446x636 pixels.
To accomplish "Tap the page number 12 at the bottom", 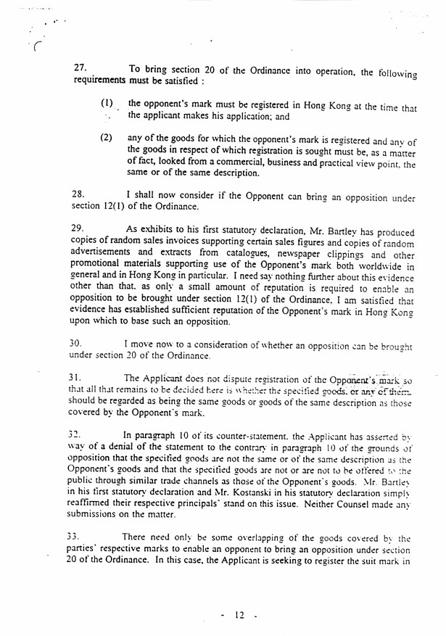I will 238,616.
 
